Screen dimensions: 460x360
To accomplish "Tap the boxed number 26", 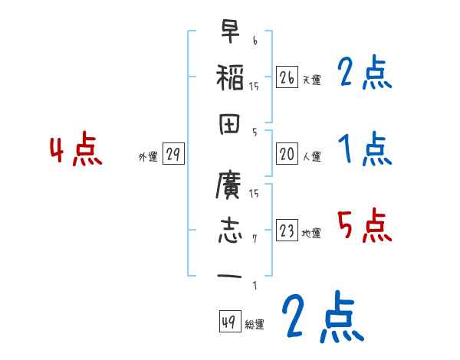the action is tap(287, 77).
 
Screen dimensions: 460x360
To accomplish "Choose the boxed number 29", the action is tap(172, 155).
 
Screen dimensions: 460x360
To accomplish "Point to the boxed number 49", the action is tap(228, 322).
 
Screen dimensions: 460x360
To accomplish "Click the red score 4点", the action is tap(76, 150).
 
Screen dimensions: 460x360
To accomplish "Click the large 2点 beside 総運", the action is tap(321, 318).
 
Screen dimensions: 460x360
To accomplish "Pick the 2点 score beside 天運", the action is tap(365, 74).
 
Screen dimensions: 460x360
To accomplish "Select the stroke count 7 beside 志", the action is tap(254, 238).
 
